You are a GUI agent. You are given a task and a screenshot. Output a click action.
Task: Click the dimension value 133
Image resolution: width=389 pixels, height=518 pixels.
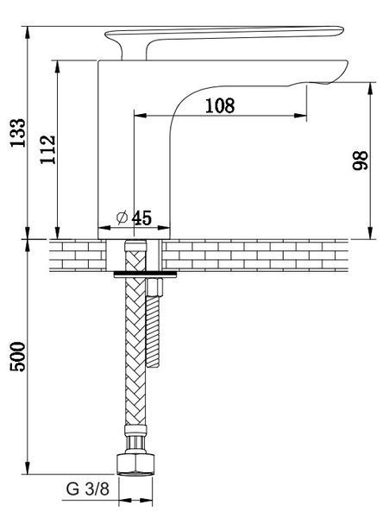[17, 132]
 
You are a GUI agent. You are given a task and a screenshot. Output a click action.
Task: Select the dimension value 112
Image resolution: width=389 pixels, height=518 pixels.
[47, 149]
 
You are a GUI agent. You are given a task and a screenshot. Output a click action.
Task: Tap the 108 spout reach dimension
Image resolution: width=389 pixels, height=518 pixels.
[220, 105]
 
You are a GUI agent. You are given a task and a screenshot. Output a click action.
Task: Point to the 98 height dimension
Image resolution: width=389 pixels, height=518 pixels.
[360, 161]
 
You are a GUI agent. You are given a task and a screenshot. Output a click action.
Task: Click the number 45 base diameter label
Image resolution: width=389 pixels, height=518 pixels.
[141, 218]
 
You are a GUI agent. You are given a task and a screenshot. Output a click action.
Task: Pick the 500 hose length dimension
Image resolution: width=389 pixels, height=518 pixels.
[17, 357]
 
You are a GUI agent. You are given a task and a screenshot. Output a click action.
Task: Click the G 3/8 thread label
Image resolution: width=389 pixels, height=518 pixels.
[87, 489]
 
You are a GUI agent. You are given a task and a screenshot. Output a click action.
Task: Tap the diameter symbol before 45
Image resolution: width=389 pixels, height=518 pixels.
[122, 218]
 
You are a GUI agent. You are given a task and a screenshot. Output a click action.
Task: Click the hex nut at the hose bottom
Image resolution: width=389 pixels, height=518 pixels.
[135, 464]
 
